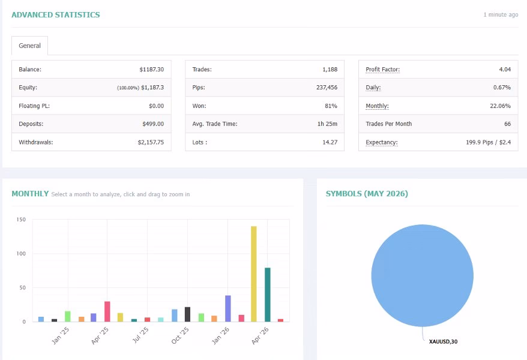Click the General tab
point(29,46)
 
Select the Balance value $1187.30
point(152,70)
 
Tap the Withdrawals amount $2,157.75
point(151,142)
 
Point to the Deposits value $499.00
point(153,124)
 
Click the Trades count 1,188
point(330,70)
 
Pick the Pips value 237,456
point(327,88)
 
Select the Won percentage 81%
point(331,106)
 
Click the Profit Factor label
point(382,70)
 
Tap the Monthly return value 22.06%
point(500,106)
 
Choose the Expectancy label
point(382,142)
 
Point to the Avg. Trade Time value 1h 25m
point(327,124)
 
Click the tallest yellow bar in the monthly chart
point(254,274)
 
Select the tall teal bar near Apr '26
point(268,295)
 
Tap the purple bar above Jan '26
point(228,308)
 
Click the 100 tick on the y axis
point(21,254)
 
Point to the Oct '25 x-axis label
point(180,335)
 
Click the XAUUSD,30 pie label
point(443,341)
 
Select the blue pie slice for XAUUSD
point(422,275)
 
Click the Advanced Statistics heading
point(56,15)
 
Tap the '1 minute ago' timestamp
point(501,15)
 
